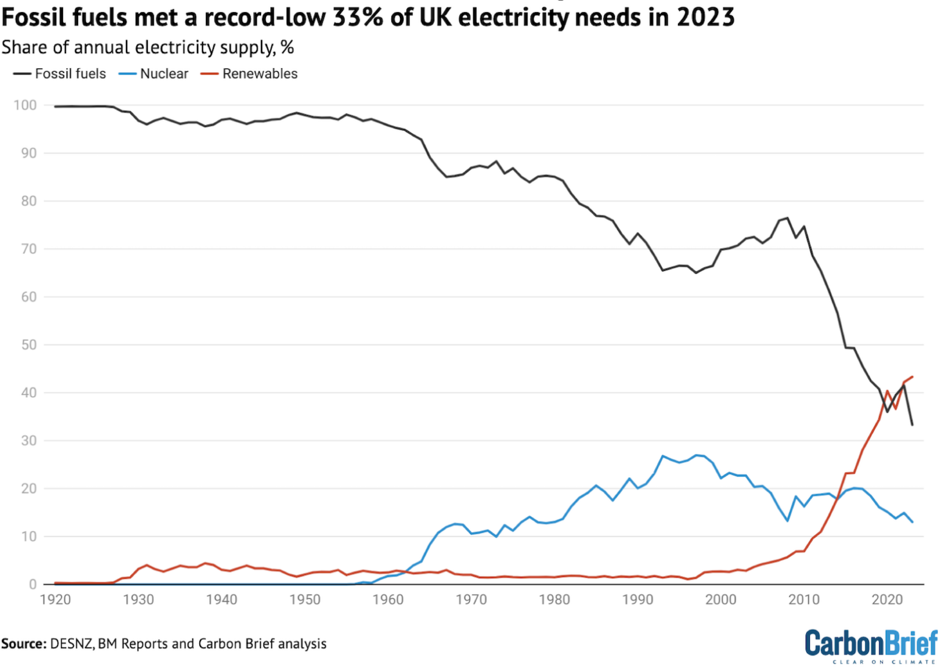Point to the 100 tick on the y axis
pyautogui.click(x=25, y=105)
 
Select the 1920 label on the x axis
pyautogui.click(x=55, y=600)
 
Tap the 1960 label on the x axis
pyautogui.click(x=388, y=600)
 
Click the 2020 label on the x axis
pyautogui.click(x=887, y=600)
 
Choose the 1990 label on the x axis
pyautogui.click(x=638, y=600)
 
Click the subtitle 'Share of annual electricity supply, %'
pyautogui.click(x=147, y=47)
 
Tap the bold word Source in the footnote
pyautogui.click(x=23, y=643)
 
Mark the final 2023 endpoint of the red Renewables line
pyautogui.click(x=912, y=377)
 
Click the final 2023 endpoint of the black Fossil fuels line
pyautogui.click(x=912, y=425)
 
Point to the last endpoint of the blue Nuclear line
pyautogui.click(x=912, y=522)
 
